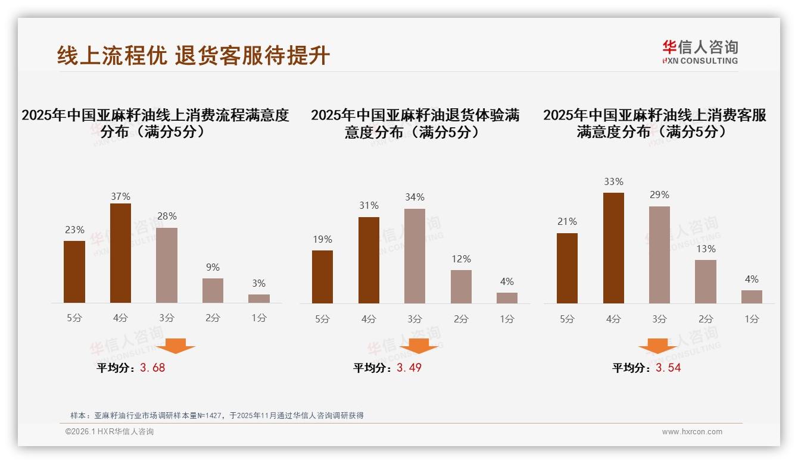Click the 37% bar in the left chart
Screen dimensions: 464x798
point(120,253)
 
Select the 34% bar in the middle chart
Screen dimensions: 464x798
point(414,256)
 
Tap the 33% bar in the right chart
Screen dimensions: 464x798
point(613,247)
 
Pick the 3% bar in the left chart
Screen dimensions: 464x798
point(259,299)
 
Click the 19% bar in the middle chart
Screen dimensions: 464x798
point(322,277)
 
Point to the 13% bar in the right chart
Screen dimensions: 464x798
point(706,281)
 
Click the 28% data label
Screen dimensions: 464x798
point(167,217)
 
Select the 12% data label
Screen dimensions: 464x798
point(461,259)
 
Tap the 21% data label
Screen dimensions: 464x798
point(567,222)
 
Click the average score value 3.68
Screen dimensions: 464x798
point(152,368)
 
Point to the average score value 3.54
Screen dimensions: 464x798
point(668,368)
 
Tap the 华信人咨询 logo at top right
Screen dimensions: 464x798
point(700,52)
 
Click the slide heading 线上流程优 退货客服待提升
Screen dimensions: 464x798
point(194,55)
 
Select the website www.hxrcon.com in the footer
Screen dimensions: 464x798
point(692,432)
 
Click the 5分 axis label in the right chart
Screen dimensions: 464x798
point(567,319)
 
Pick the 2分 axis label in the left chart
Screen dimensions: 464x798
point(213,318)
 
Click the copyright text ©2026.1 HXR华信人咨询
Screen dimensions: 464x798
point(110,432)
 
